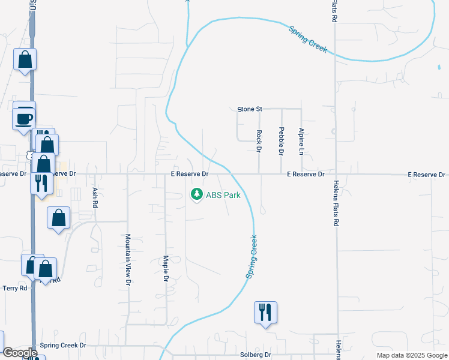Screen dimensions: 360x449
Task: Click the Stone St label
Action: coord(250,109)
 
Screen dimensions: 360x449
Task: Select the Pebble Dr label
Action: coord(281,142)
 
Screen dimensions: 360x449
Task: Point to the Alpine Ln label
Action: coord(301,140)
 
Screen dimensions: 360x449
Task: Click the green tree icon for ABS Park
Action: coord(196,194)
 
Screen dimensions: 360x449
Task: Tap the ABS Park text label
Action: coord(223,195)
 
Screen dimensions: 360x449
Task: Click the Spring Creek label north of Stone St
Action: coord(308,39)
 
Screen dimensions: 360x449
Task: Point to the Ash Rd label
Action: coord(95,197)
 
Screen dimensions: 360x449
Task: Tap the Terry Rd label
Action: coord(15,288)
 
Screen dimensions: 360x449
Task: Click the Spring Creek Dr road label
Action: coord(63,346)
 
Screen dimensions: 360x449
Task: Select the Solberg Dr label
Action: coord(256,355)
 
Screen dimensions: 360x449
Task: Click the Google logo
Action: coord(20,353)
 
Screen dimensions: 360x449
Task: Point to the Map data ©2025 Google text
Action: coord(411,355)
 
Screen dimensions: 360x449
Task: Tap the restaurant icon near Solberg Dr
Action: coord(265,312)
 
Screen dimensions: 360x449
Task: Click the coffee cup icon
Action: coord(24,118)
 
